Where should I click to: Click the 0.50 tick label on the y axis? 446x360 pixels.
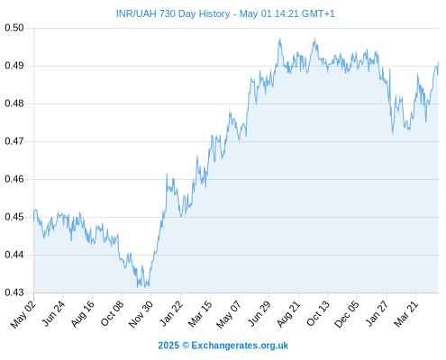[14, 28]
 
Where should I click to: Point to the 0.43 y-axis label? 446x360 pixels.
[14, 292]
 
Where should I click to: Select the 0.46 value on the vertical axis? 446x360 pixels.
[14, 179]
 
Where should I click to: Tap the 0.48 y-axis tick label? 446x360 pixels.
[14, 103]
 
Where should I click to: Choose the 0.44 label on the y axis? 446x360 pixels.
[14, 255]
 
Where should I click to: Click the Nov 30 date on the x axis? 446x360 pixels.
[141, 313]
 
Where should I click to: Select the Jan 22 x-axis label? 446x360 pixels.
[171, 313]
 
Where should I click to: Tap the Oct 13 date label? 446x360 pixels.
[318, 313]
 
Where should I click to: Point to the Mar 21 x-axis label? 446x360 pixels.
[406, 313]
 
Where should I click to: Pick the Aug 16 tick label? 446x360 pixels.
[83, 313]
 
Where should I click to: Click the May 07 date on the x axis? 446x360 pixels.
[229, 313]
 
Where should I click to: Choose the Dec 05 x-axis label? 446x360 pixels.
[347, 313]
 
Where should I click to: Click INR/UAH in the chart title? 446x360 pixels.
[136, 13]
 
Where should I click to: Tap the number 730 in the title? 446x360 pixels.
[168, 13]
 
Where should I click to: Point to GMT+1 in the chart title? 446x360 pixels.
[318, 13]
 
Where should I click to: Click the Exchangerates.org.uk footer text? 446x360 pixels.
[240, 346]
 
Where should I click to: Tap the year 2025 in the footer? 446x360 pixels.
[168, 346]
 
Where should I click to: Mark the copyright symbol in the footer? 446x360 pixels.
[186, 346]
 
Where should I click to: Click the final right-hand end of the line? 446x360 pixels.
[439, 63]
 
